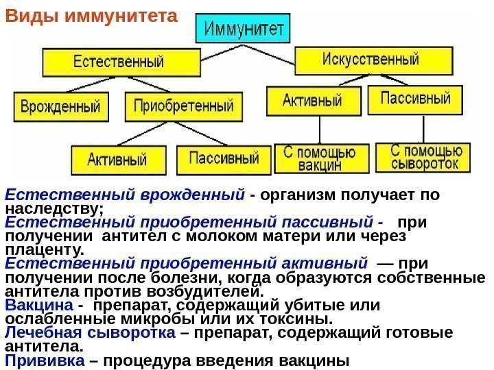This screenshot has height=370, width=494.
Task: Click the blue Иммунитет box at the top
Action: (243, 29)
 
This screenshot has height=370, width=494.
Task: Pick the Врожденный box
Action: (60, 107)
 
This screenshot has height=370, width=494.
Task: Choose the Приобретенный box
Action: (180, 107)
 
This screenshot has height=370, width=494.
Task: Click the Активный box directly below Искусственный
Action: (312, 100)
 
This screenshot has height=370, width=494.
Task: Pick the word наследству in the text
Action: (52, 207)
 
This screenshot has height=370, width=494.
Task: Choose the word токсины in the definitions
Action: (298, 319)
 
